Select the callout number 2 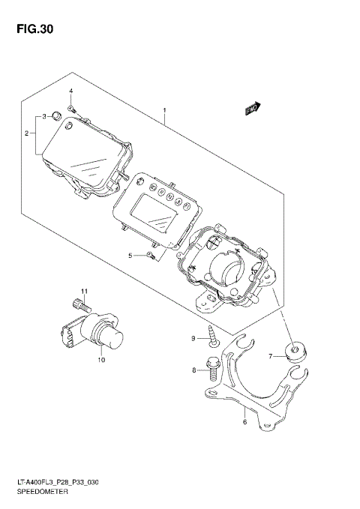click(26, 134)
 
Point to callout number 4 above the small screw click(71, 91)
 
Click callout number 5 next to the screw click(130, 256)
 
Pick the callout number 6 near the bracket click(244, 422)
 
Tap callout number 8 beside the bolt click(194, 370)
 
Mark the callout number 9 click(192, 339)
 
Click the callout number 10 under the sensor click(100, 360)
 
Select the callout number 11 click(85, 291)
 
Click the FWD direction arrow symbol click(252, 109)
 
